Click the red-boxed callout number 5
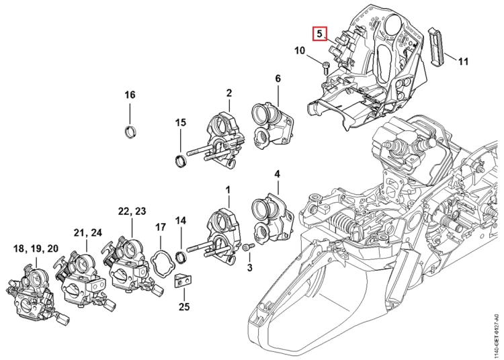(319, 34)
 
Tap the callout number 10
(300, 50)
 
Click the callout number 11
(463, 61)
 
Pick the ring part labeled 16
(130, 132)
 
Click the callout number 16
(130, 95)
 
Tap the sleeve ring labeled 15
(180, 161)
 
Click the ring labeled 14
(181, 257)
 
